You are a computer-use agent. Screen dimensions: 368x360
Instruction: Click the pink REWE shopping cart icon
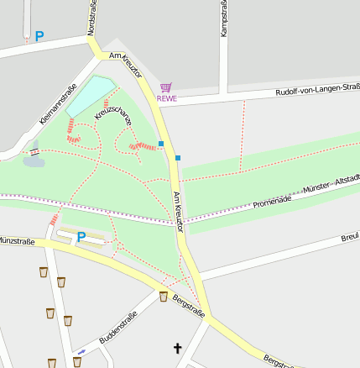tap(166, 87)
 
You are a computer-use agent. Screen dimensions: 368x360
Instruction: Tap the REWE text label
tap(166, 98)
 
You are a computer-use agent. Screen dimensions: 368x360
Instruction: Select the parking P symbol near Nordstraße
tap(39, 37)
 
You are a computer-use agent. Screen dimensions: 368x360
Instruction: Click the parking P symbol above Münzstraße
tap(81, 237)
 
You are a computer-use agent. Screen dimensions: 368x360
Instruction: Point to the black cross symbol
tap(177, 347)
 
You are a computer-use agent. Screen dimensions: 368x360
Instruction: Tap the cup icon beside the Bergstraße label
tap(164, 296)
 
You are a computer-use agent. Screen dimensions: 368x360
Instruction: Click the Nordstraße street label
tap(91, 18)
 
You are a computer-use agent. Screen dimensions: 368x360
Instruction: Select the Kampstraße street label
tap(223, 18)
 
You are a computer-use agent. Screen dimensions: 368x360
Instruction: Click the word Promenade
tap(271, 201)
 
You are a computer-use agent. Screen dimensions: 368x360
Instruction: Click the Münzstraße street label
tap(17, 242)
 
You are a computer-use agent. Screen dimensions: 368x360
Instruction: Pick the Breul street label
tap(350, 239)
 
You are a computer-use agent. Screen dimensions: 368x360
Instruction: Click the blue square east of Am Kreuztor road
tap(178, 157)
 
